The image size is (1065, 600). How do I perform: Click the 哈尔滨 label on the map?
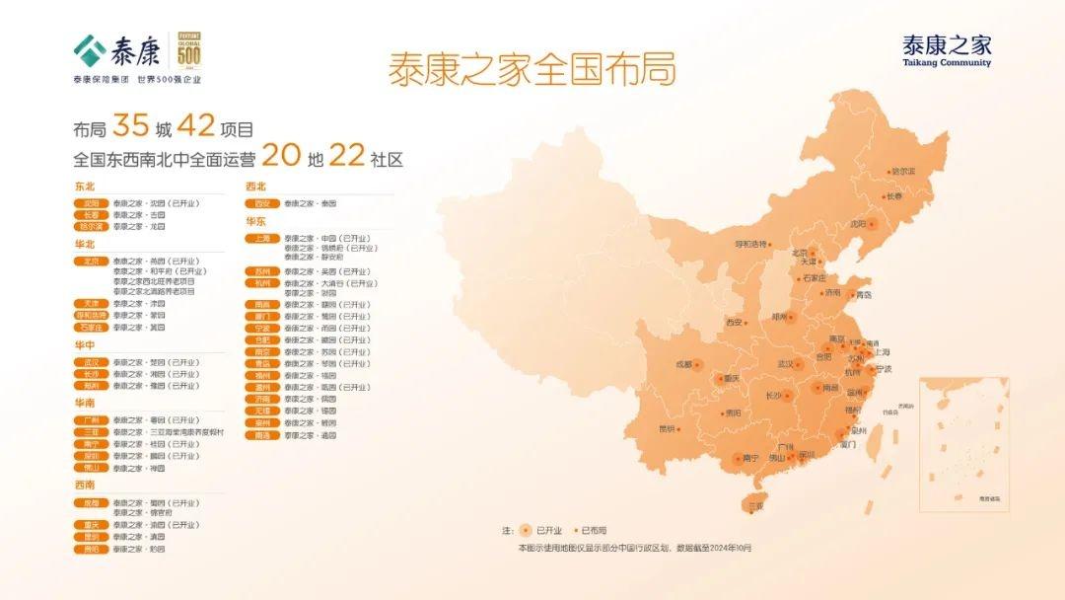[x=903, y=171]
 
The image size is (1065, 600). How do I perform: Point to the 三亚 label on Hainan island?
[x=755, y=505]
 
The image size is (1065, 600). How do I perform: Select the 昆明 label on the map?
[x=668, y=428]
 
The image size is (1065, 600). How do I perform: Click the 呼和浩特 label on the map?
[x=750, y=244]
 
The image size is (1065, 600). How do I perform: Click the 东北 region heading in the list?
[x=85, y=187]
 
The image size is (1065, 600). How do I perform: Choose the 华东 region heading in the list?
[x=256, y=222]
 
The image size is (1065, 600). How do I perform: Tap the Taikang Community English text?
[x=947, y=63]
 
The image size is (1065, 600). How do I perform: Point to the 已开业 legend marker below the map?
[x=526, y=531]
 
